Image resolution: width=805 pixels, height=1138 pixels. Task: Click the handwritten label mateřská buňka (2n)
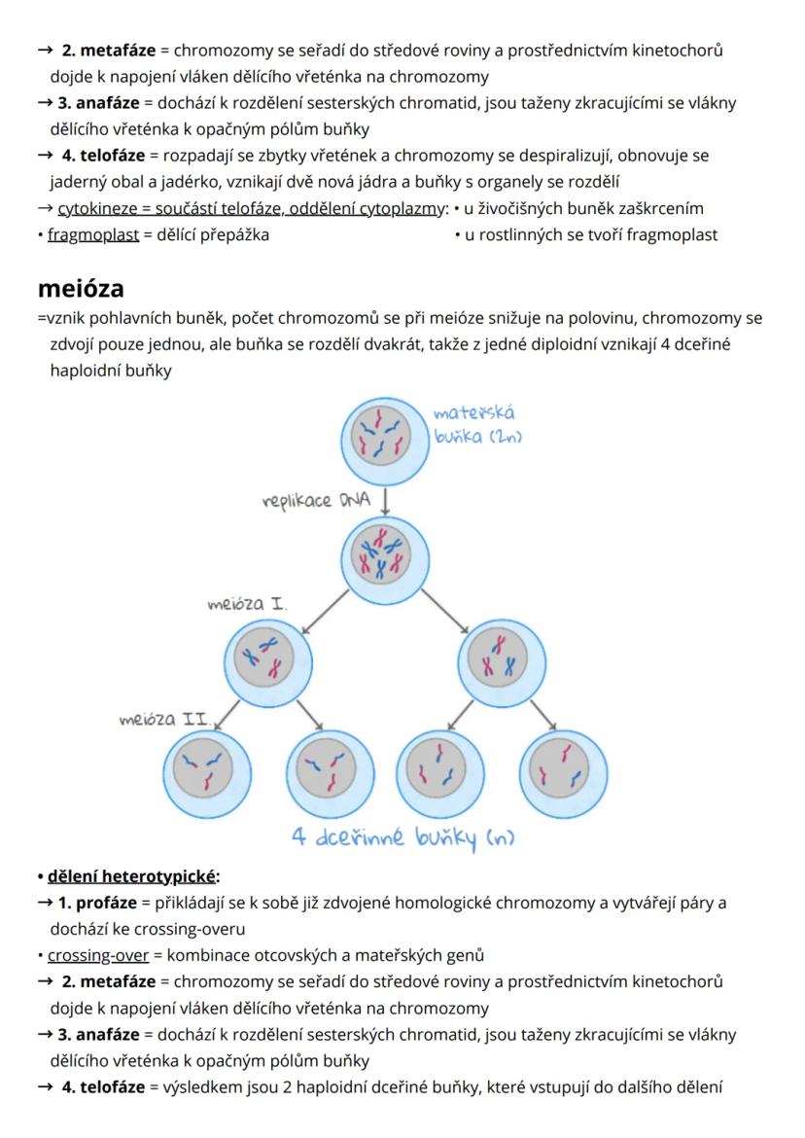(x=478, y=425)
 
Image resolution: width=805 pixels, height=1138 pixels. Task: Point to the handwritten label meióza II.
(x=164, y=721)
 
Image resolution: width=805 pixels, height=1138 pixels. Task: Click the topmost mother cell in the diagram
(x=386, y=435)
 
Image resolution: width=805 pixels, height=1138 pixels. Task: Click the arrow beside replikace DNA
(x=387, y=501)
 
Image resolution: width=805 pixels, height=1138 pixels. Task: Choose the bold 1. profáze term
(x=98, y=902)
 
